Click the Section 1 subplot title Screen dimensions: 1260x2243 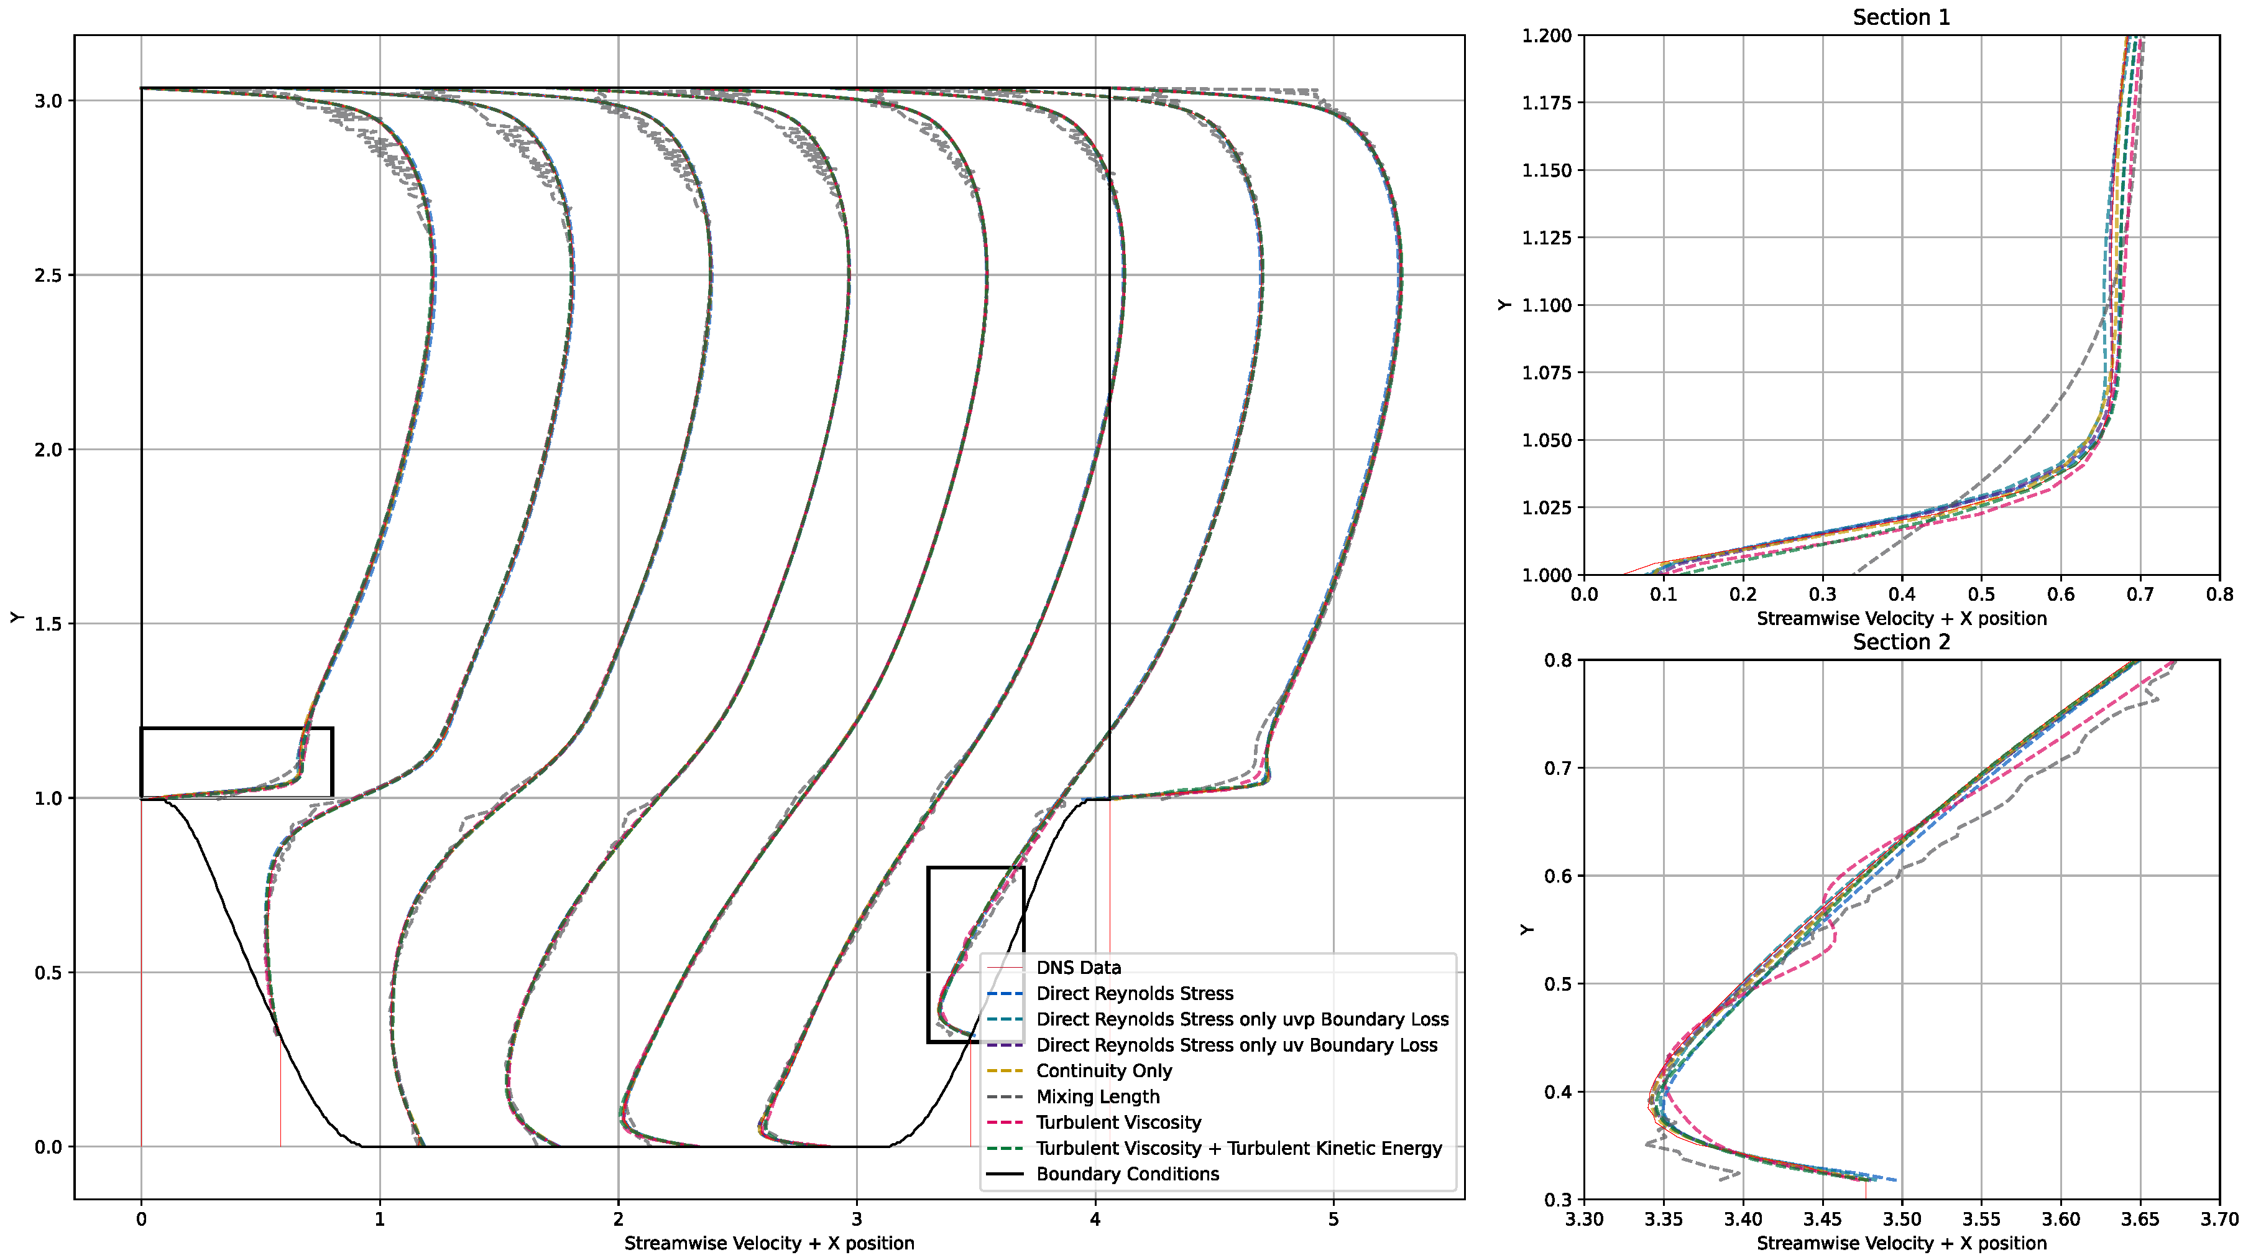pyautogui.click(x=1901, y=17)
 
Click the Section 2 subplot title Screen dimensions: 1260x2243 pyautogui.click(x=1901, y=642)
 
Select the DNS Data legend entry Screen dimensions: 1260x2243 pyautogui.click(x=1078, y=968)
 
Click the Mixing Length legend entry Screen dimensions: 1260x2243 pyautogui.click(x=1097, y=1096)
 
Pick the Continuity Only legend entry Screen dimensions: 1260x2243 pyautogui.click(x=1103, y=1070)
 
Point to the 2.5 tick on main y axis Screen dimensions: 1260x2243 pyautogui.click(x=48, y=275)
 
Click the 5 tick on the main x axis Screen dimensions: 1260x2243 pyautogui.click(x=1333, y=1219)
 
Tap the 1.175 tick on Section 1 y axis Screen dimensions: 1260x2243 pyautogui.click(x=1547, y=103)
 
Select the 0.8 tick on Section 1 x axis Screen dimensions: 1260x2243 pyautogui.click(x=2219, y=595)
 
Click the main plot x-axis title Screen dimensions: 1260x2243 pyautogui.click(x=769, y=1243)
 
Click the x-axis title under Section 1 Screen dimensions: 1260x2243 pyautogui.click(x=1901, y=618)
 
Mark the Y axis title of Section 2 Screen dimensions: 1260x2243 pyautogui.click(x=1526, y=929)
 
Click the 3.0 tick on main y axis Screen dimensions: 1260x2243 pyautogui.click(x=48, y=101)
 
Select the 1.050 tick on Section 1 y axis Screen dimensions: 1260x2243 pyautogui.click(x=1547, y=440)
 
